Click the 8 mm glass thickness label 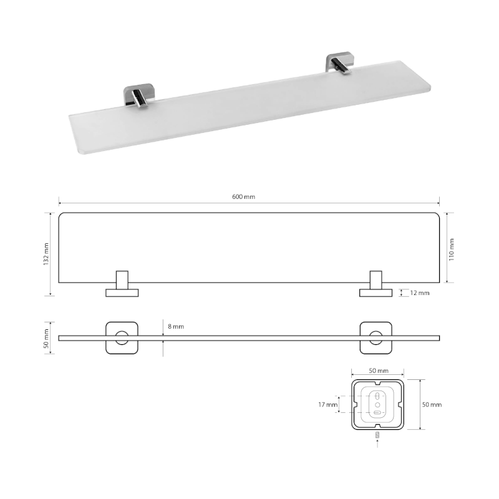tap(176, 326)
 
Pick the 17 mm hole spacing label tap(327, 404)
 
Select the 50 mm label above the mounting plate tap(379, 371)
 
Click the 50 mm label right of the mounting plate tap(432, 404)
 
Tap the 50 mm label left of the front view tap(46, 338)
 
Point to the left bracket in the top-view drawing tap(122, 286)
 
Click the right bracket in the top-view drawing tap(376, 286)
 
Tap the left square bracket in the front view tap(122, 338)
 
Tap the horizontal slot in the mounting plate tap(379, 412)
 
